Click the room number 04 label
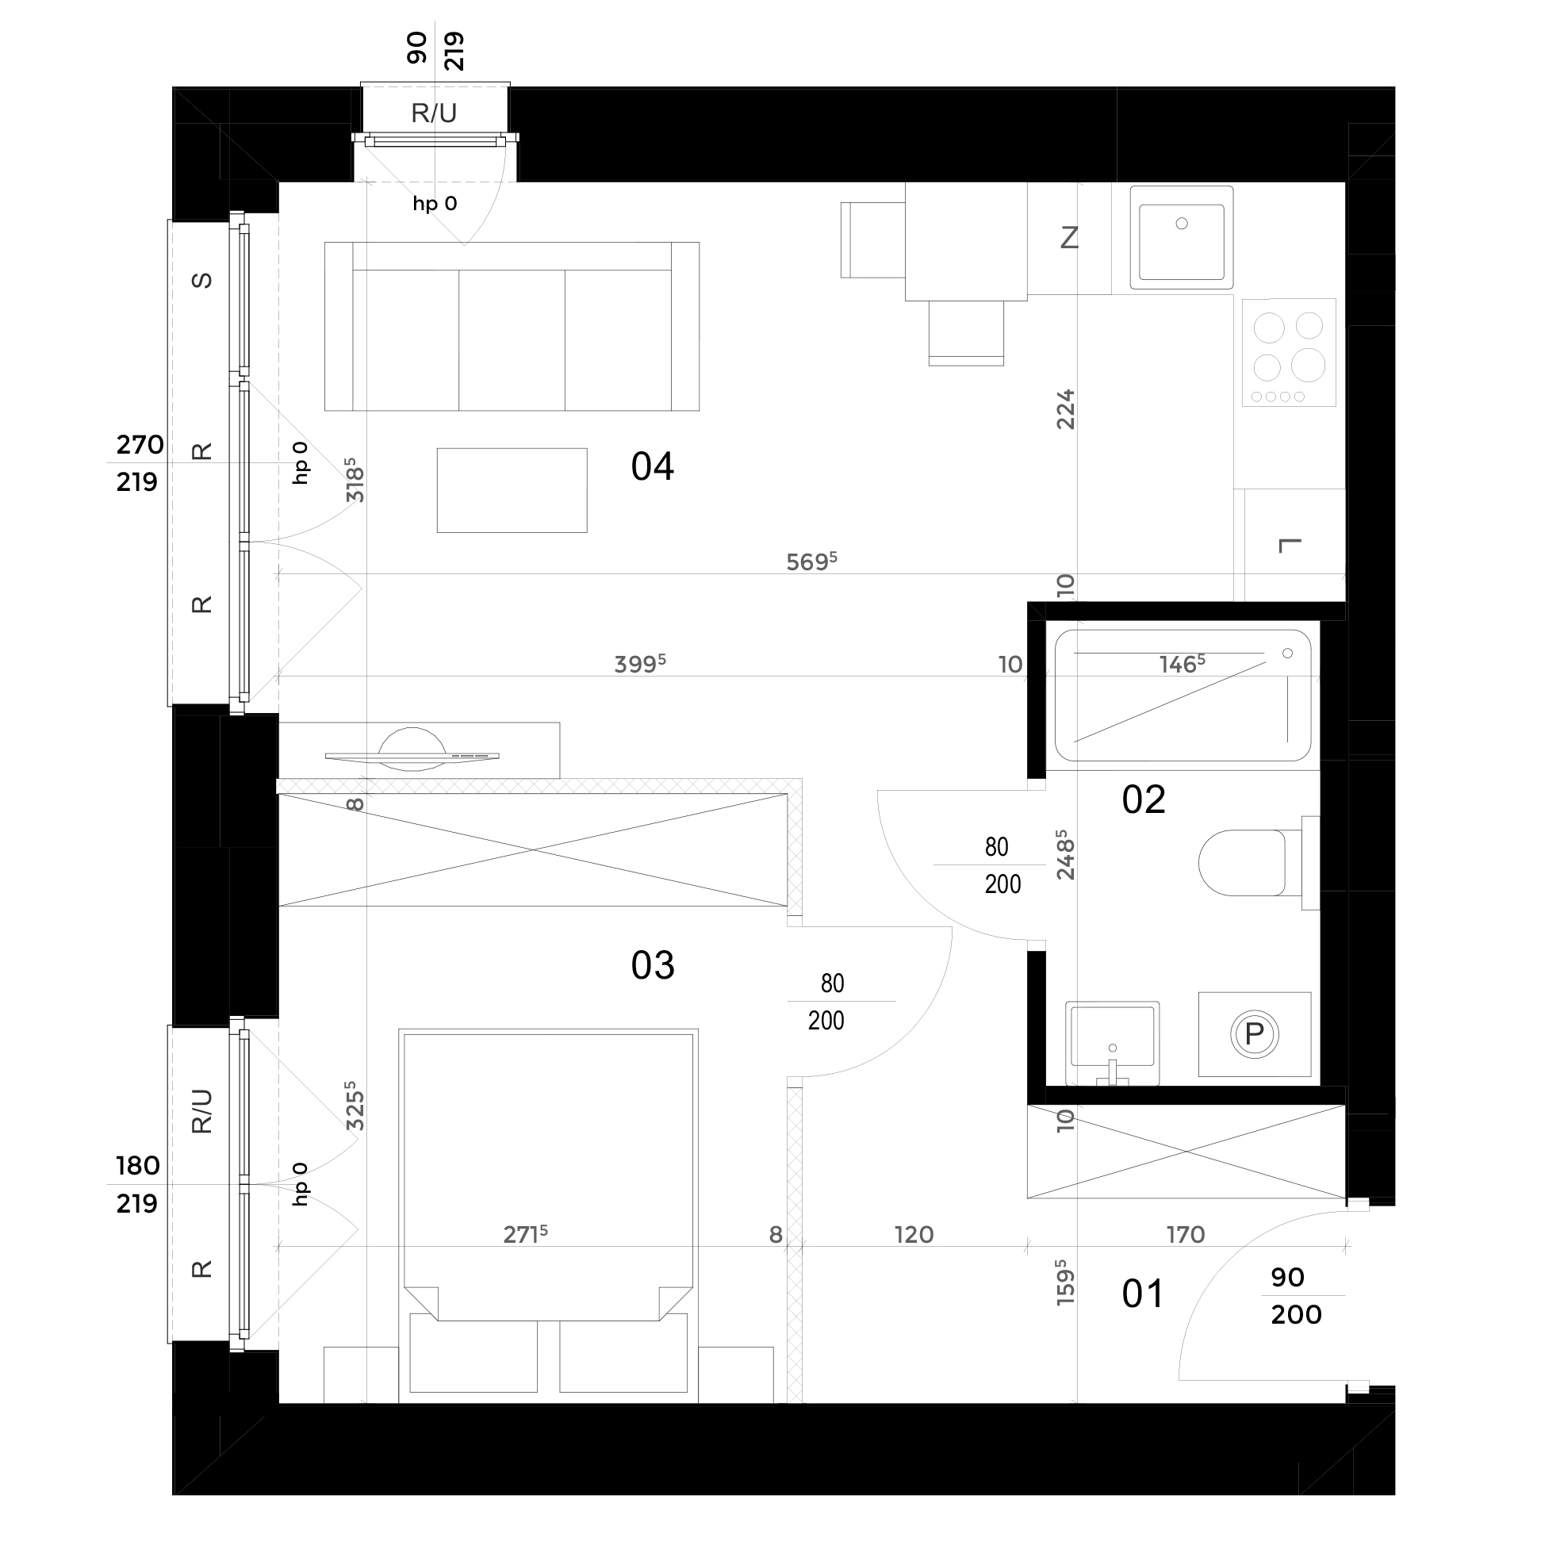click(x=652, y=466)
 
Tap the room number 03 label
click(x=652, y=966)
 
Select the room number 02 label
click(x=1143, y=800)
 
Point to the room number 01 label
click(x=1142, y=1294)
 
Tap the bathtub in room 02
click(x=1182, y=696)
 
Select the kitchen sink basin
click(x=1181, y=238)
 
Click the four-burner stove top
click(x=1288, y=353)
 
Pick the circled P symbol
click(x=1254, y=1034)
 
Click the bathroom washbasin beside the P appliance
click(x=1112, y=1043)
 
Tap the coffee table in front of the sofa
click(x=512, y=489)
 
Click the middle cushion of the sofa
click(x=512, y=339)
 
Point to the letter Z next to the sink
click(x=1069, y=238)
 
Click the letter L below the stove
click(x=1290, y=546)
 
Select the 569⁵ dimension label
click(x=811, y=562)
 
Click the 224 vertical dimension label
click(x=1066, y=409)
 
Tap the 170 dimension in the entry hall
click(x=1185, y=1235)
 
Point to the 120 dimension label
click(x=914, y=1235)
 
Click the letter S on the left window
click(x=202, y=280)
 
